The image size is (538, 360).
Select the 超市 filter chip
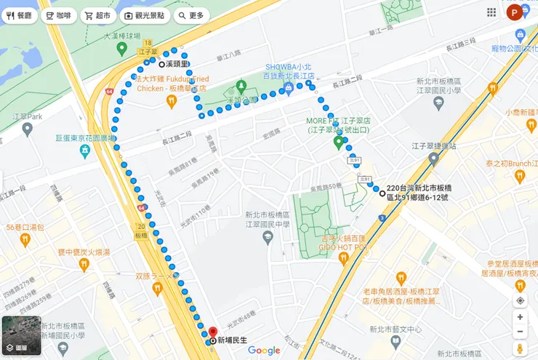[x=97, y=15]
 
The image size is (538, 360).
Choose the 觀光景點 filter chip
[x=143, y=15]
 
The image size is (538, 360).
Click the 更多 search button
[x=190, y=15]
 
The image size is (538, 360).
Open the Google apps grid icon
[x=492, y=12]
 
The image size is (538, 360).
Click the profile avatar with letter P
[x=515, y=12]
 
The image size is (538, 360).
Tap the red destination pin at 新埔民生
[x=212, y=333]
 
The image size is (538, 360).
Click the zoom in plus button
[x=520, y=317]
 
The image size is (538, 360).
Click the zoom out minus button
[x=520, y=332]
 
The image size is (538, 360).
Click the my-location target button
[x=520, y=300]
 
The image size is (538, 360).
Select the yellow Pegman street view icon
[x=520, y=348]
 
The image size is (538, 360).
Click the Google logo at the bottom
[x=264, y=351]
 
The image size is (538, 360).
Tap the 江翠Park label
[x=28, y=116]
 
